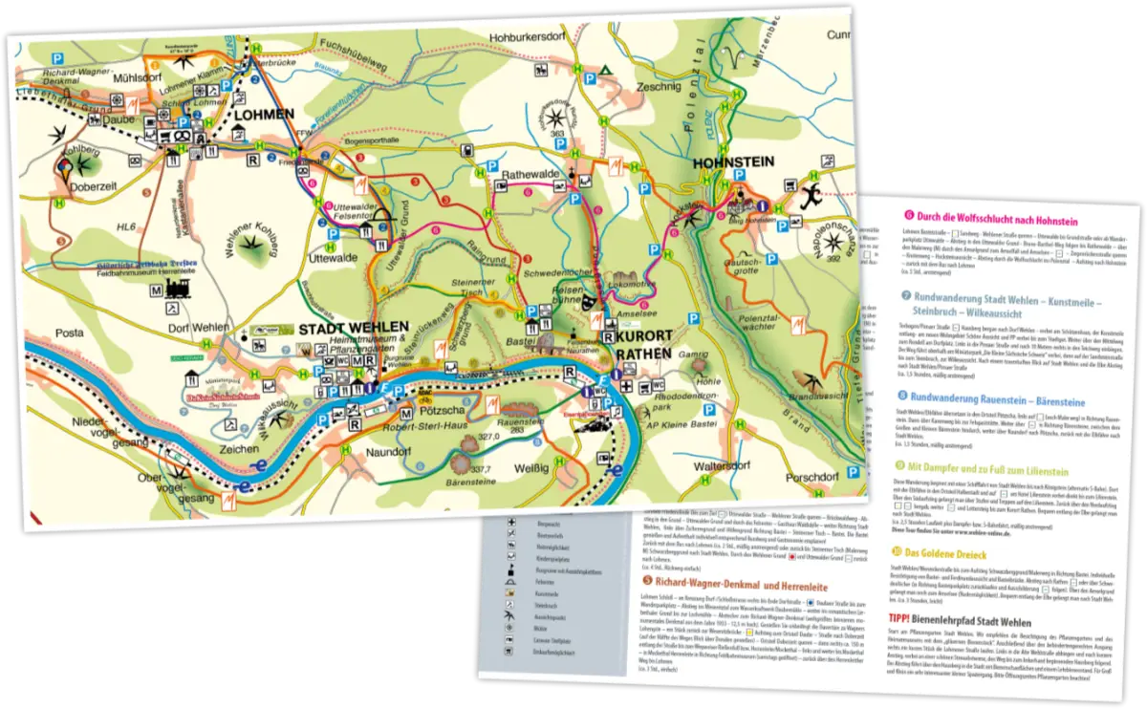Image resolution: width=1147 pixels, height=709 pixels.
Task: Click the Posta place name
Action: coord(69,333)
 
